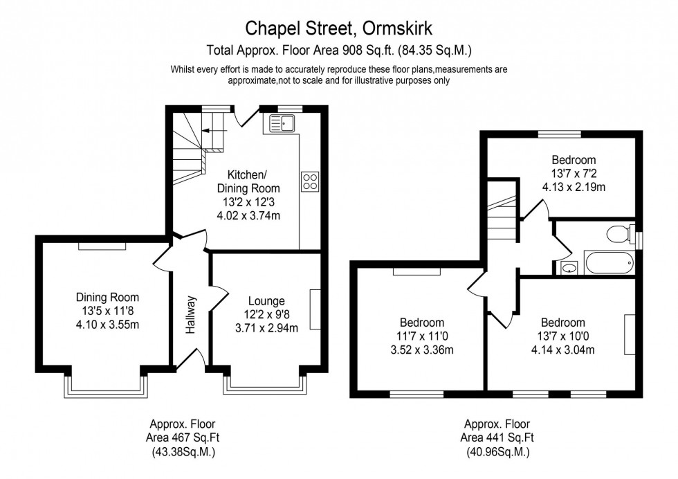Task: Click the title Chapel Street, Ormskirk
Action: tap(339, 28)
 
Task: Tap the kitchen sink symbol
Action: tap(283, 124)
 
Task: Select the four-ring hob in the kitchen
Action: tap(310, 181)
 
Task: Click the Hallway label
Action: tap(192, 316)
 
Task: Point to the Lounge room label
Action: tap(266, 301)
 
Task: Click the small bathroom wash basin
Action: tap(569, 268)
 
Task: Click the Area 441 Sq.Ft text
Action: tap(497, 437)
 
